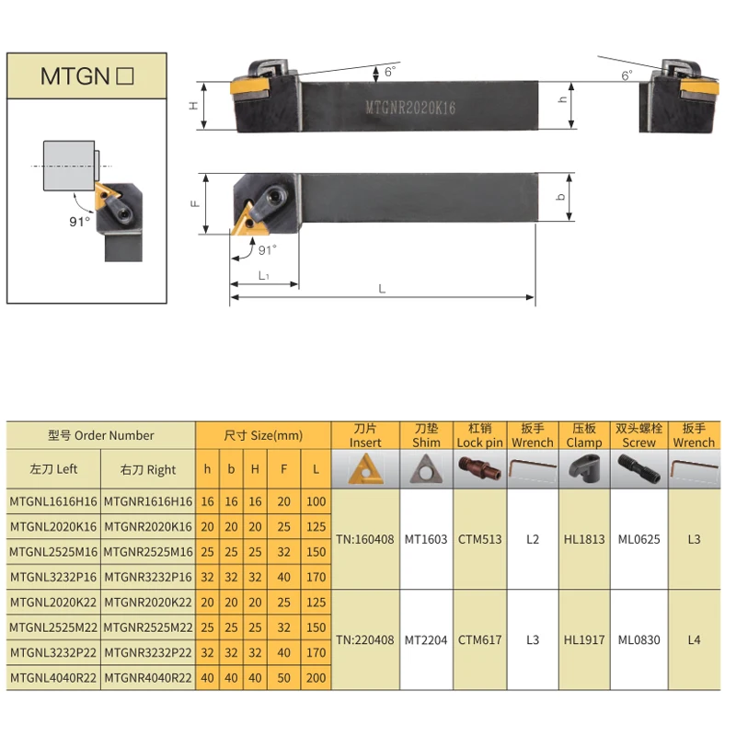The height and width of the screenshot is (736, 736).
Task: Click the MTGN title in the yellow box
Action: click(87, 76)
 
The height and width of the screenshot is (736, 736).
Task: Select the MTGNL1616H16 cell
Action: click(54, 501)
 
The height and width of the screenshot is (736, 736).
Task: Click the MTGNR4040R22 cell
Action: click(148, 677)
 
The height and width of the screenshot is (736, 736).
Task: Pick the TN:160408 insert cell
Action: click(366, 539)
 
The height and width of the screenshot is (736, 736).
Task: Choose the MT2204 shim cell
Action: click(426, 639)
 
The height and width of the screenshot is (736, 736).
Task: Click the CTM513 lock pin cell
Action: click(480, 539)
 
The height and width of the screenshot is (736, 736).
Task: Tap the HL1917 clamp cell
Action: click(584, 639)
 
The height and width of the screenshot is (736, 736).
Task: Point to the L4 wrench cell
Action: click(694, 639)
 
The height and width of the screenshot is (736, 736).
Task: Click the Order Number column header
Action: click(101, 435)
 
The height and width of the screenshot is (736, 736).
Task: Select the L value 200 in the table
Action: click(316, 677)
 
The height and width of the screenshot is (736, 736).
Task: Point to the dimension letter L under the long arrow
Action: click(382, 289)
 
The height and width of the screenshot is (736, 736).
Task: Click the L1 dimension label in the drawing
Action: click(263, 275)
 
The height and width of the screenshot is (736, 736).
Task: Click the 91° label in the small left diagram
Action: click(80, 221)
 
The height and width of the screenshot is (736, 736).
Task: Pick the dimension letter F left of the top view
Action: click(196, 201)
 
